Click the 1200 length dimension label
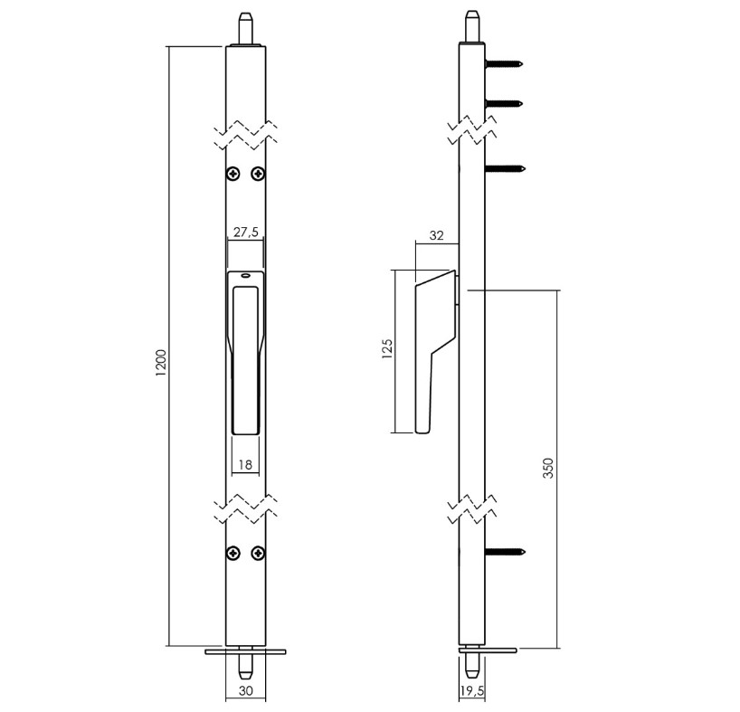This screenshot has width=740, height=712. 161,363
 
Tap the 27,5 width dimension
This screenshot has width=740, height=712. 246,233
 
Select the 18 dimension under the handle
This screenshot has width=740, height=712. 245,465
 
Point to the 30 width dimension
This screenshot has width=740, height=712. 246,691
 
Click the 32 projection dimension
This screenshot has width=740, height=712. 437,235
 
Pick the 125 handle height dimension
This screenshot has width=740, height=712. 387,349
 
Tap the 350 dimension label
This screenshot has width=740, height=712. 547,468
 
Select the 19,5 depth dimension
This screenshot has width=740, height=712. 472,691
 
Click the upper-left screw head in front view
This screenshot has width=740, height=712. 233,174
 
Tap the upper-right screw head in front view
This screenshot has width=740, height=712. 258,174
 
